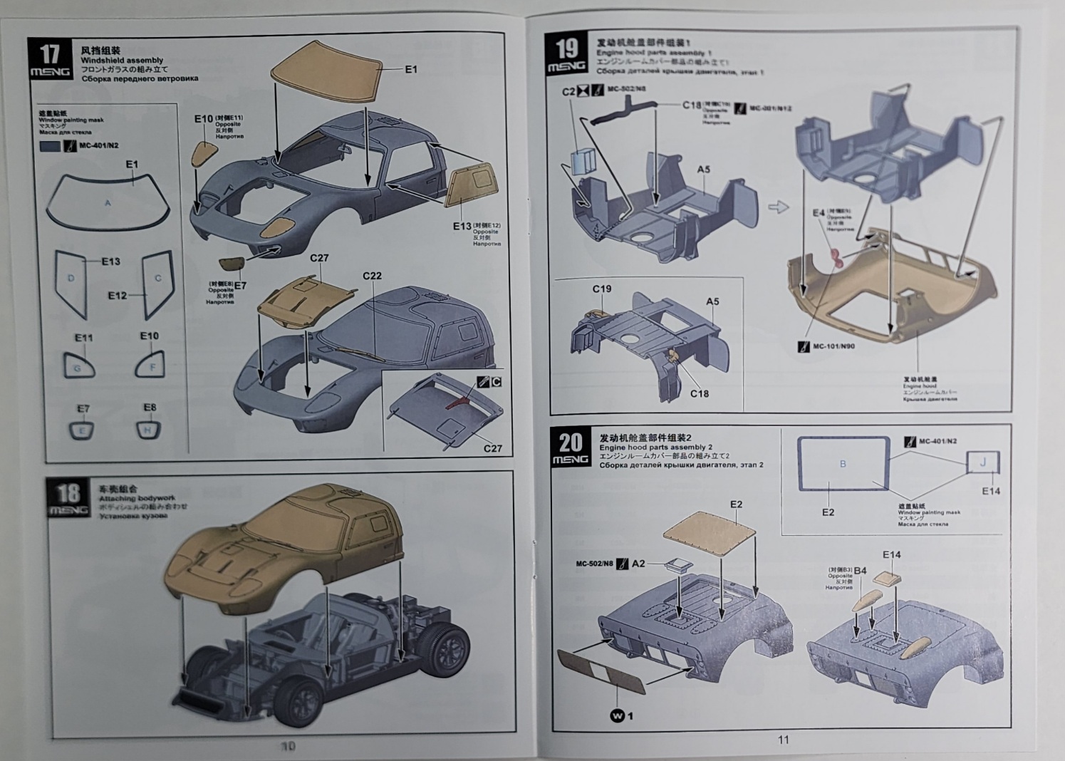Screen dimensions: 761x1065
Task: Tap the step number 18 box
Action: pos(68,497)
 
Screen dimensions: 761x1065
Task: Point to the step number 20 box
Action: pos(570,448)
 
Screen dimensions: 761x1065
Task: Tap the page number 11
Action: pos(783,740)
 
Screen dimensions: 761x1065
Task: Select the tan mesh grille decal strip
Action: pos(601,670)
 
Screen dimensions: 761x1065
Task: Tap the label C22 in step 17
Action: pos(372,276)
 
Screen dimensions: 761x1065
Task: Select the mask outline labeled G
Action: pos(78,366)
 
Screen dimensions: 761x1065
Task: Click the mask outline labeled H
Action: pos(148,429)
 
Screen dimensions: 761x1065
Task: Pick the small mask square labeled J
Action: pos(983,463)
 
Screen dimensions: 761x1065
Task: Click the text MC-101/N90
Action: pos(833,347)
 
